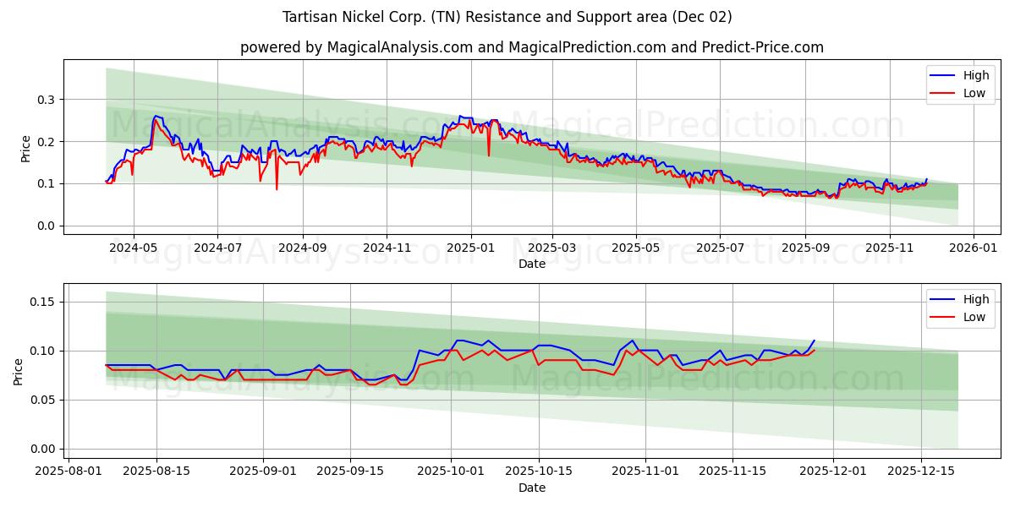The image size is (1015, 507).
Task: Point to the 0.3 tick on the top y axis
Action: tap(47, 100)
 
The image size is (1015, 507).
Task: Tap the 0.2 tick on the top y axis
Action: tap(47, 142)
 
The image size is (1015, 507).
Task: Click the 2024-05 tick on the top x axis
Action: tap(134, 248)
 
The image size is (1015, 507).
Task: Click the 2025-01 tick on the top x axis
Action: tap(470, 248)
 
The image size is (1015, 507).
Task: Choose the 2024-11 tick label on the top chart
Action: tap(387, 248)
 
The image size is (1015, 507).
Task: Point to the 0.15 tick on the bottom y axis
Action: tap(44, 302)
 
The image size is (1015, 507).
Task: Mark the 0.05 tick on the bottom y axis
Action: tap(44, 400)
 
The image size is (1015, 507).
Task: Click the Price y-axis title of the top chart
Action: tap(25, 149)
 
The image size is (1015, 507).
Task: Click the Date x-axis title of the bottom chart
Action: tap(531, 488)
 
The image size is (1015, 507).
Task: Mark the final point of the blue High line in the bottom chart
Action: tap(815, 341)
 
